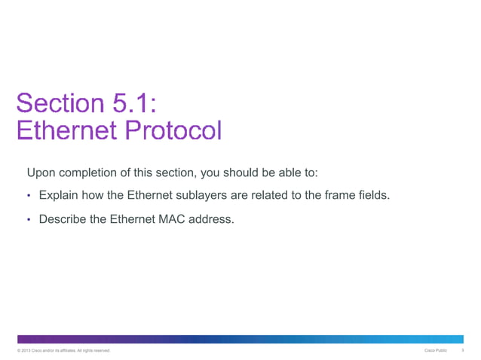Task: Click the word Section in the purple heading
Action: pyautogui.click(x=59, y=102)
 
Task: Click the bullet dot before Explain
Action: pyautogui.click(x=29, y=197)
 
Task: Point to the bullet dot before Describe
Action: pyautogui.click(x=29, y=221)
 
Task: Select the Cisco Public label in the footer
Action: pyautogui.click(x=436, y=351)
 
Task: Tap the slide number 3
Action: pyautogui.click(x=461, y=351)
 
